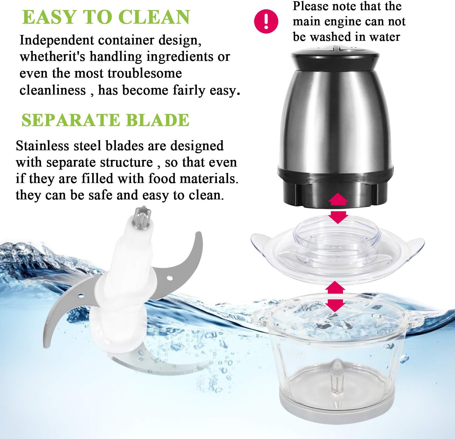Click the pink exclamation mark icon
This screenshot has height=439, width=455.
coord(266,21)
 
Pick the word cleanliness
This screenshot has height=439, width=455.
coord(52,90)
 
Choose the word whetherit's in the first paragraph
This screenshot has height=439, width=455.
coord(52,57)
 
